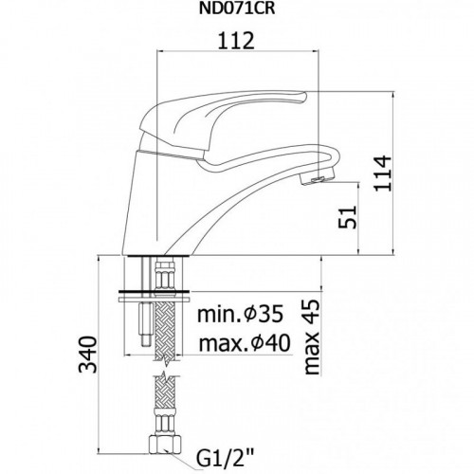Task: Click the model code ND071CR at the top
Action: [237, 9]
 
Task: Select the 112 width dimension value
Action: [236, 41]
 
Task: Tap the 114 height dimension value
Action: [383, 173]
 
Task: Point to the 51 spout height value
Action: [348, 217]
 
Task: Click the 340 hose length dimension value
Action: [87, 355]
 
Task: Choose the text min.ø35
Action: [240, 315]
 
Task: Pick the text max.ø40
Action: [245, 343]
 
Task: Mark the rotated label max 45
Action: [312, 337]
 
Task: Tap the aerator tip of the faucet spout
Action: [317, 178]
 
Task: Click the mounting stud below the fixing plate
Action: [146, 324]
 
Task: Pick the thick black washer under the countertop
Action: [154, 291]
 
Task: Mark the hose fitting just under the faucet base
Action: [164, 274]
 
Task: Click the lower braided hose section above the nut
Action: [164, 395]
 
